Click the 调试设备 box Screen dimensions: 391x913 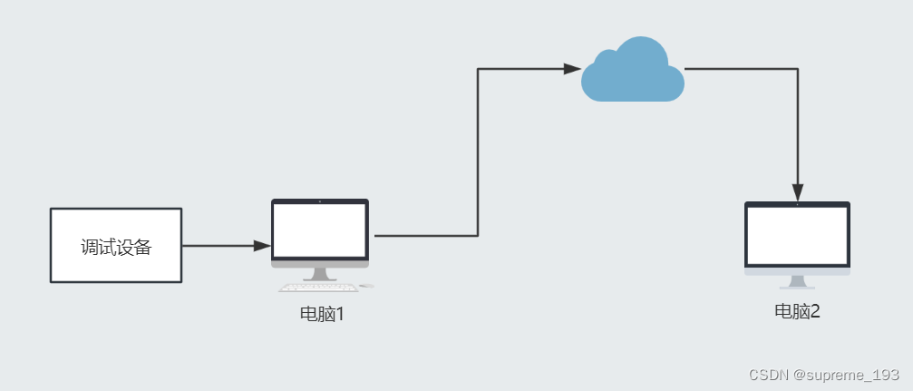(116, 246)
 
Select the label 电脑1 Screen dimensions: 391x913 (323, 315)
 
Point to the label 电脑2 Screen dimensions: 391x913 (797, 311)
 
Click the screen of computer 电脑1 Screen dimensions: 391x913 (320, 231)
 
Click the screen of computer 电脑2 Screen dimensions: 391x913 (797, 235)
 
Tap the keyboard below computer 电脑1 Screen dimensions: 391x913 (317, 288)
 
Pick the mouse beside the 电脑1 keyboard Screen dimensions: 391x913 (365, 287)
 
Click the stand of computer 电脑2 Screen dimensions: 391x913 (797, 282)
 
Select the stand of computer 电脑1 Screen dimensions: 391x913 (319, 274)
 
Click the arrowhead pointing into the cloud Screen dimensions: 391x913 (572, 69)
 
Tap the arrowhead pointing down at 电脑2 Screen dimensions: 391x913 (797, 192)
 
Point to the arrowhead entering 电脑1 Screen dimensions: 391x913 (262, 246)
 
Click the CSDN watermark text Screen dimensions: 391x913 (768, 374)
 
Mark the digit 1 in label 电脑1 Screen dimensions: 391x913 (340, 315)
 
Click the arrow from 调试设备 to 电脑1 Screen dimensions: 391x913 (222, 246)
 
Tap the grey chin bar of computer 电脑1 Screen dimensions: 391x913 (320, 264)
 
